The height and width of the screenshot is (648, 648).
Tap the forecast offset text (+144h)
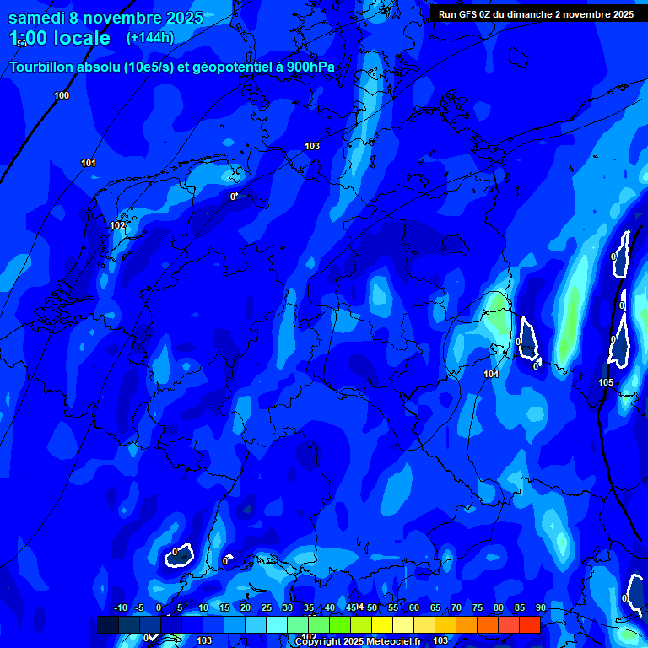[x=150, y=37]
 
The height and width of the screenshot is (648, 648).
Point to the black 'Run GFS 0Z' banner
[x=536, y=13]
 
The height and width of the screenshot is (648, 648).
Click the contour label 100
[x=62, y=95]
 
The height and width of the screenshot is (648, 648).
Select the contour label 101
[x=89, y=163]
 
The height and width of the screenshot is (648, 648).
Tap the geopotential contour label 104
[x=491, y=374]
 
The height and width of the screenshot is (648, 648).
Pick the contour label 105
[x=606, y=382]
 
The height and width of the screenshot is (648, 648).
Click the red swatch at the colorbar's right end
[x=529, y=624]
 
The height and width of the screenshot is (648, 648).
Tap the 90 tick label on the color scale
[x=540, y=607]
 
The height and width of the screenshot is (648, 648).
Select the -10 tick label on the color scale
[x=121, y=607]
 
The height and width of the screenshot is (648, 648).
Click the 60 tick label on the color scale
[x=414, y=607]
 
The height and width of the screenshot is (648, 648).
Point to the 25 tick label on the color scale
[x=267, y=607]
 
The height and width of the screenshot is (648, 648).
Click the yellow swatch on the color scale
[x=382, y=624]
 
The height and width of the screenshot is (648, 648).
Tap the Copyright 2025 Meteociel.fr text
[x=358, y=641]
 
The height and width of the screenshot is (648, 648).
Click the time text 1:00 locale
[x=59, y=38]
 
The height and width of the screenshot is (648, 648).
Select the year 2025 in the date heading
[x=184, y=18]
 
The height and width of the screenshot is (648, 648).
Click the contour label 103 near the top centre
[x=312, y=146]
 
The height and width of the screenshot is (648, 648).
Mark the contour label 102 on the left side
[x=117, y=225]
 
